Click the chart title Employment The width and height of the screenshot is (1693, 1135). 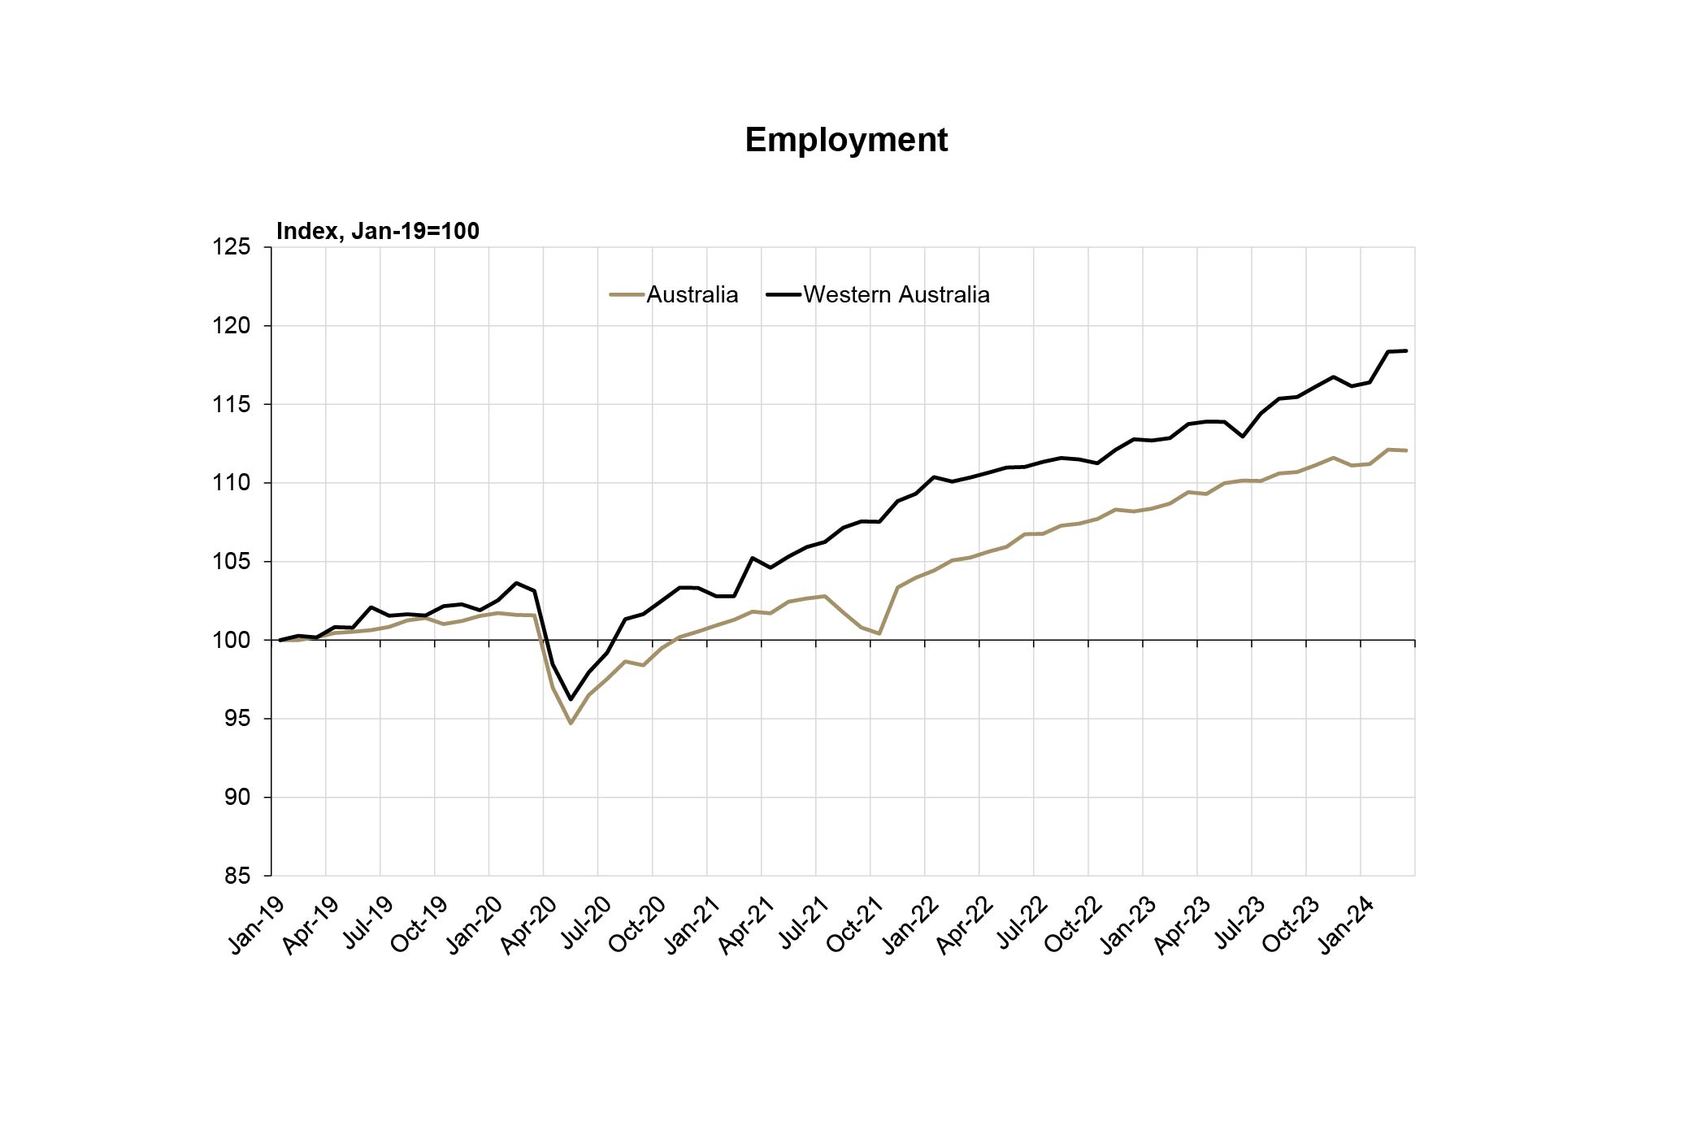click(846, 140)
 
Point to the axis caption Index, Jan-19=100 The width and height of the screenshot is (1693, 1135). click(378, 231)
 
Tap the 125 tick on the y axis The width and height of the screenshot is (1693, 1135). click(231, 247)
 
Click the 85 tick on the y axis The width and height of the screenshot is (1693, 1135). click(237, 876)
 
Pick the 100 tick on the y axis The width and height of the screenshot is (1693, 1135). click(231, 641)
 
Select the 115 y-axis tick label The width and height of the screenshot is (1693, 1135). click(231, 405)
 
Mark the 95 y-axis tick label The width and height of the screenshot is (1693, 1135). click(237, 719)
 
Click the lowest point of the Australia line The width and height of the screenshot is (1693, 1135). click(571, 723)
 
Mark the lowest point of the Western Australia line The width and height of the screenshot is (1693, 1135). click(571, 699)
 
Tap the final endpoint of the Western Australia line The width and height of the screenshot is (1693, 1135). click(1406, 351)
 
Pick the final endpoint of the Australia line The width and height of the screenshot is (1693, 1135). click(1406, 450)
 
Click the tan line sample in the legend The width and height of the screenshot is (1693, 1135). click(626, 295)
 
